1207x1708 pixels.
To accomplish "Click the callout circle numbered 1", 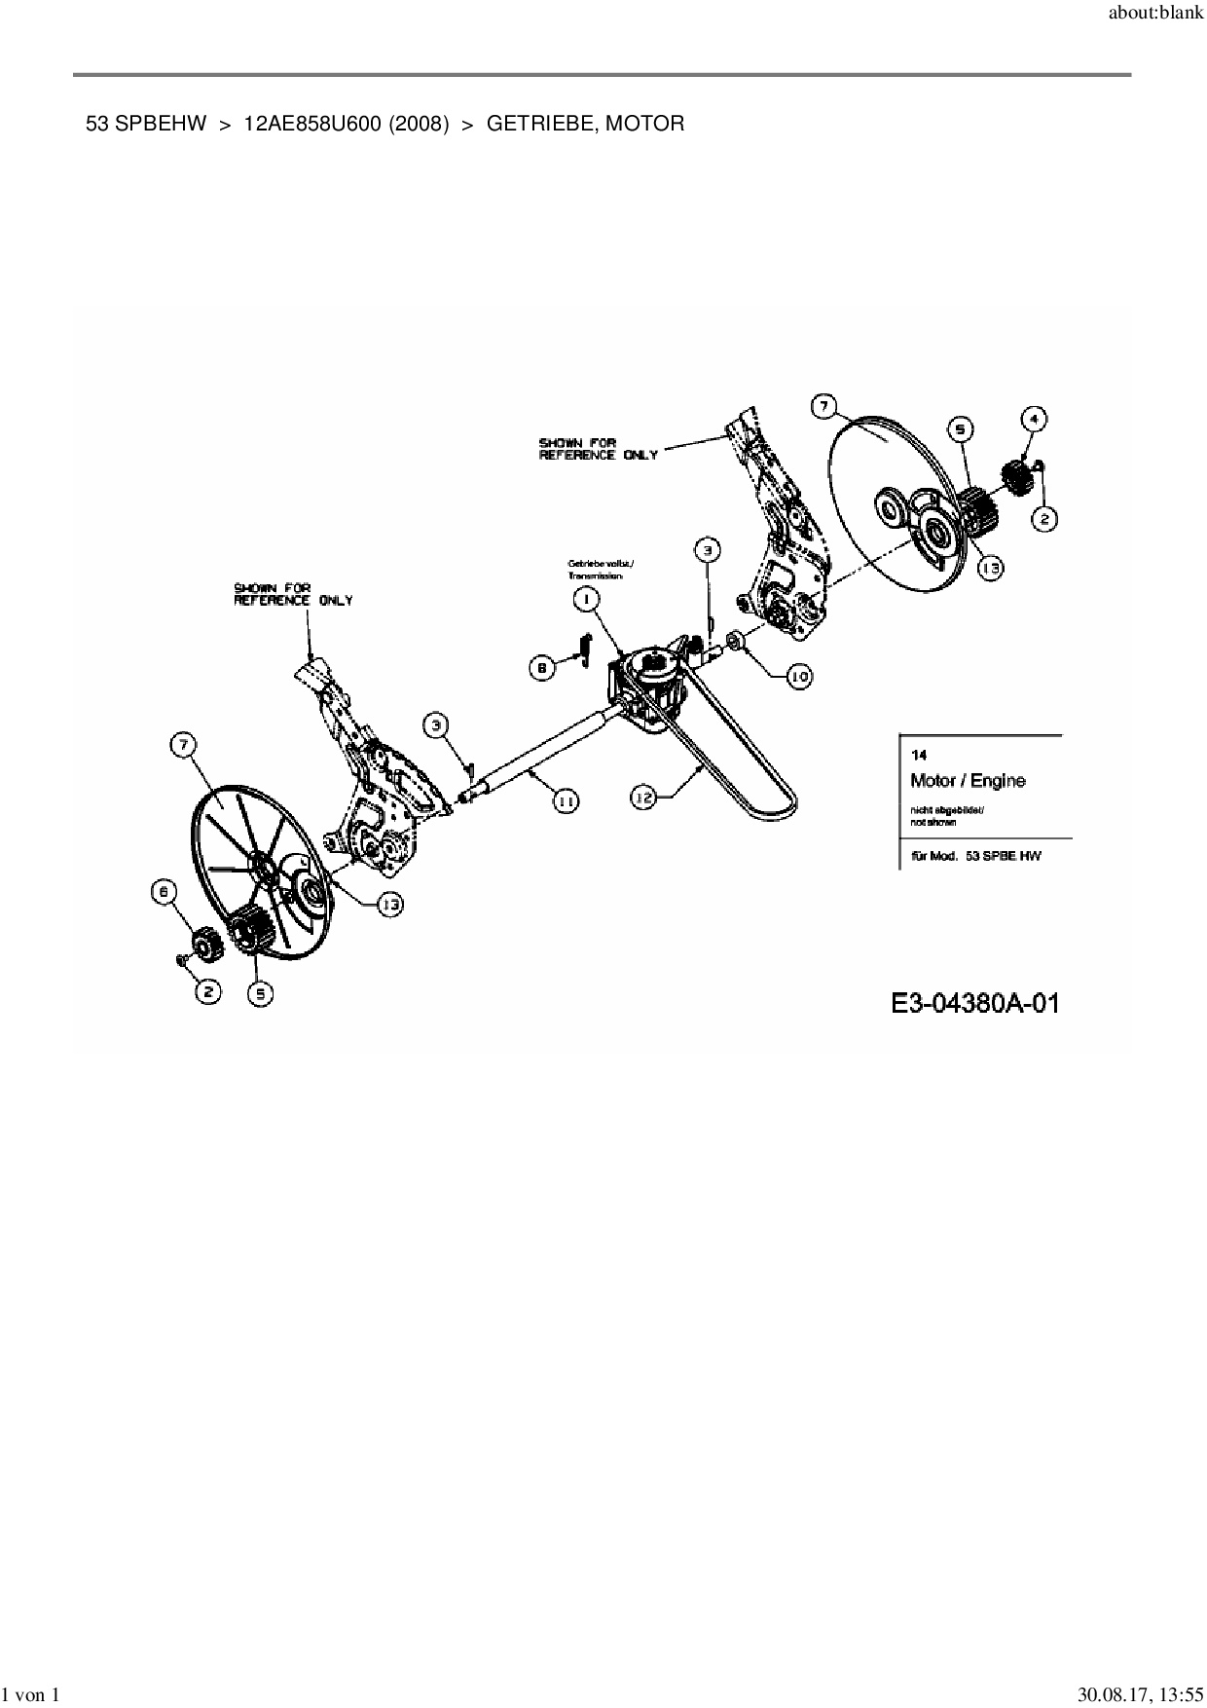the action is pyautogui.click(x=586, y=600).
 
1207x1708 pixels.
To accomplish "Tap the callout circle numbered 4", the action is pyautogui.click(x=1034, y=419).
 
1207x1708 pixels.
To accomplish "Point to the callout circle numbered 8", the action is pyautogui.click(x=542, y=667).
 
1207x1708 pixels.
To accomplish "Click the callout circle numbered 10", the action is pyautogui.click(x=799, y=677).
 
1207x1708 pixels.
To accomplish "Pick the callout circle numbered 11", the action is pyautogui.click(x=565, y=799).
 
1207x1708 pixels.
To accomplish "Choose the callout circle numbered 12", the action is pyautogui.click(x=643, y=798).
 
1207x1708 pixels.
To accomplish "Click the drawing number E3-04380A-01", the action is pyautogui.click(x=974, y=1002).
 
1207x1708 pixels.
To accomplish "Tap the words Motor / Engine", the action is pyautogui.click(x=967, y=780).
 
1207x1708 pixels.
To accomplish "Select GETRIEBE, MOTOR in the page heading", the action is pyautogui.click(x=585, y=124).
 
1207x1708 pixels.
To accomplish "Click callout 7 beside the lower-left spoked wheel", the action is pyautogui.click(x=182, y=746).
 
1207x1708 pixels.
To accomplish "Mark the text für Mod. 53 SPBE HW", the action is pyautogui.click(x=974, y=856).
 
